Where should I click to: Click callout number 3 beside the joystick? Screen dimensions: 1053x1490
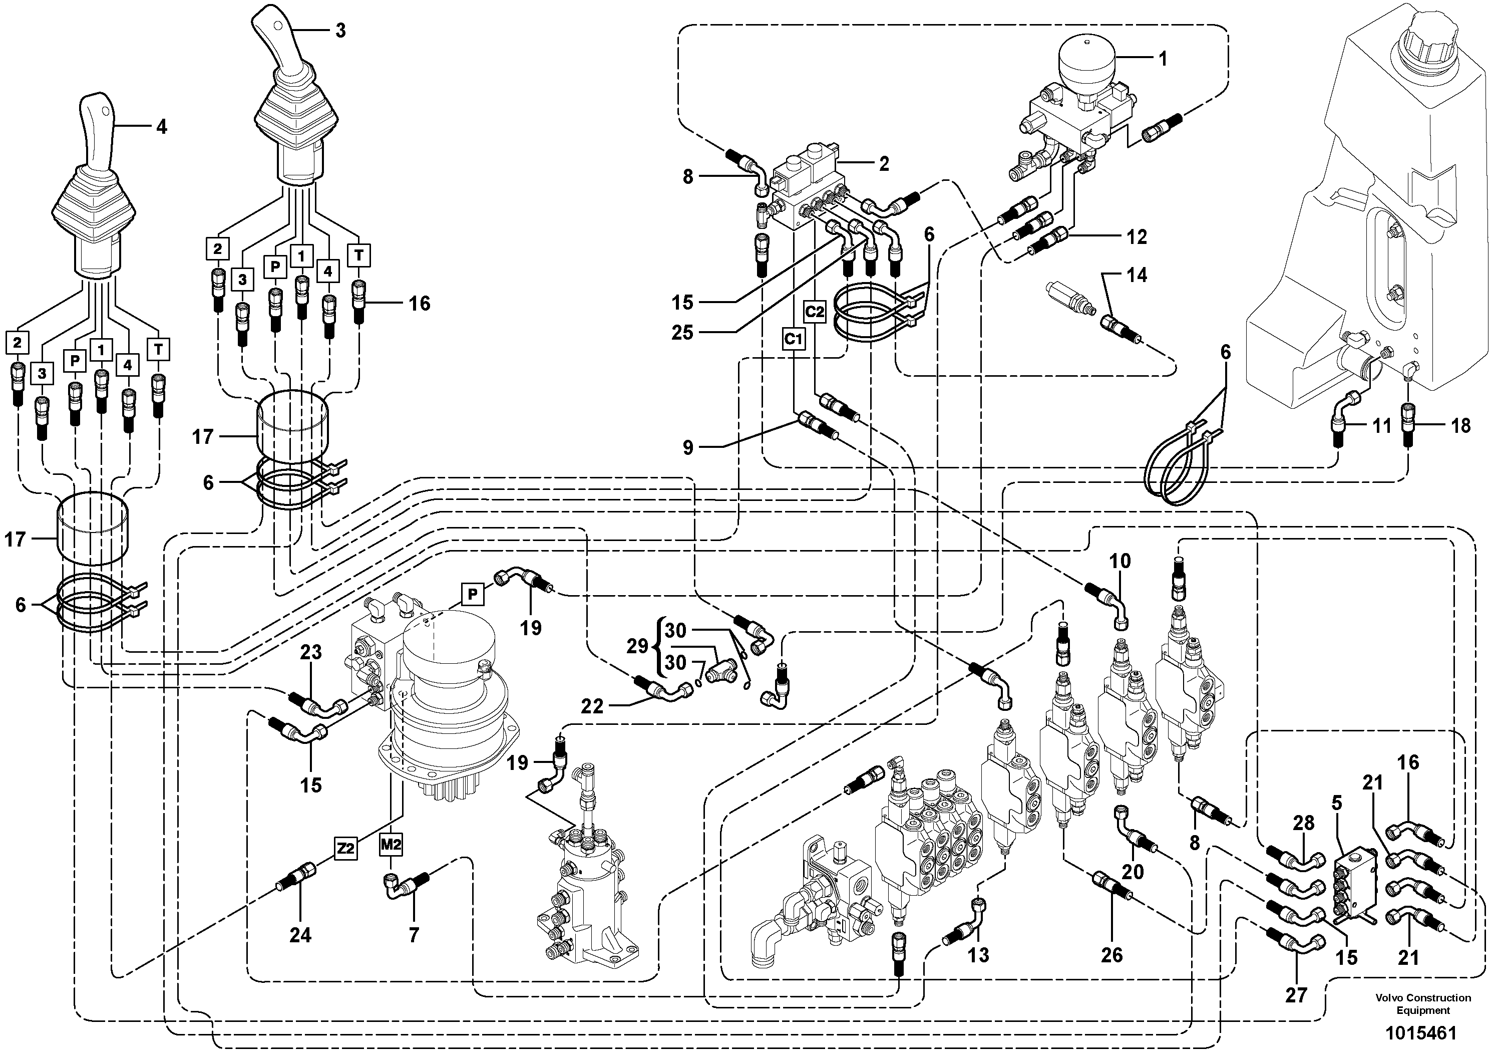coord(340,31)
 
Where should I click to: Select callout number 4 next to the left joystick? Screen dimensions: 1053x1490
coord(161,127)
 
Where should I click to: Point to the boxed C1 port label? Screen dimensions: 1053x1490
coord(794,339)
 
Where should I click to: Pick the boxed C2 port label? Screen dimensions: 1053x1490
coord(815,312)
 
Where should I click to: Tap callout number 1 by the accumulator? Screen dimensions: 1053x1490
coord(1163,59)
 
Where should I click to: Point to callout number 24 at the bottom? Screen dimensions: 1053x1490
coord(300,935)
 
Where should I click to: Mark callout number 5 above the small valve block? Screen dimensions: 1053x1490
coord(1337,803)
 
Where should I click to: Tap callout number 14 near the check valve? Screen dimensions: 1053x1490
coord(1137,275)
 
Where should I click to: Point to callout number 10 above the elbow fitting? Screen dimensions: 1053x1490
coord(1120,561)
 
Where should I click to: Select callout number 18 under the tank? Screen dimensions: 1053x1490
coord(1460,426)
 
